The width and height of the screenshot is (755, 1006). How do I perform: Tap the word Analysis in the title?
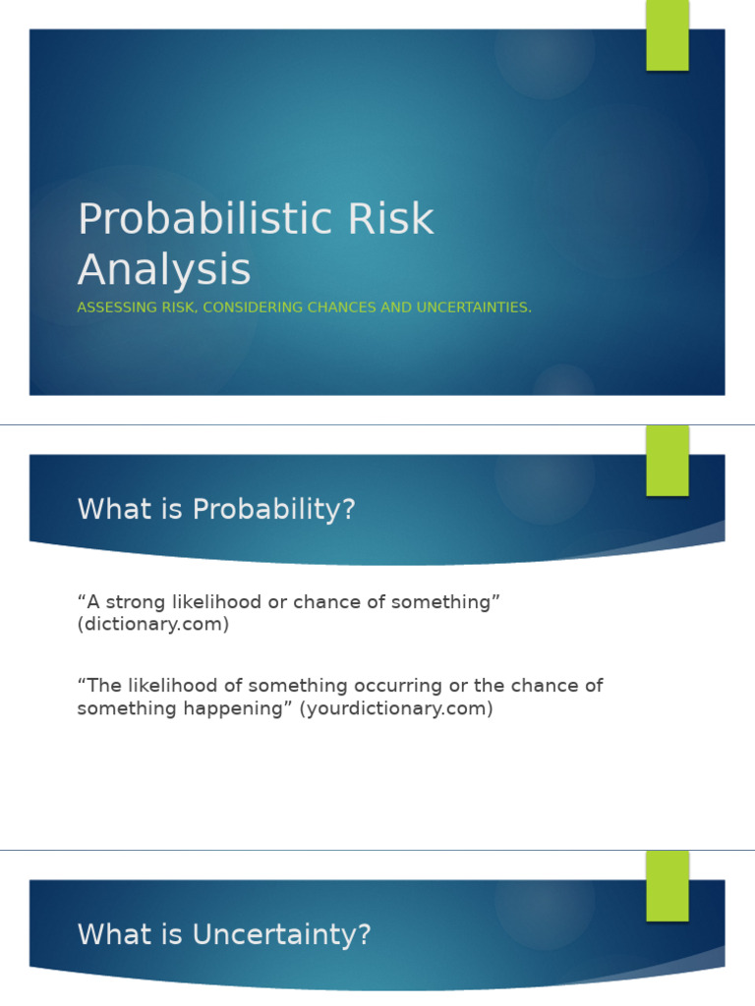[x=164, y=270]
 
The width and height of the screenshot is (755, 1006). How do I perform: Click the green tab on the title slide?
[x=668, y=35]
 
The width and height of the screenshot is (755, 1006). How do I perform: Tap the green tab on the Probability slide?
[x=668, y=460]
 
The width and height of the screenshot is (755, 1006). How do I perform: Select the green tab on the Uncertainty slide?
[x=668, y=885]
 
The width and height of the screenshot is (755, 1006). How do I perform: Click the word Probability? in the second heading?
[x=274, y=510]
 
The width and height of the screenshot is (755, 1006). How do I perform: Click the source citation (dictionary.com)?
[x=153, y=625]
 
